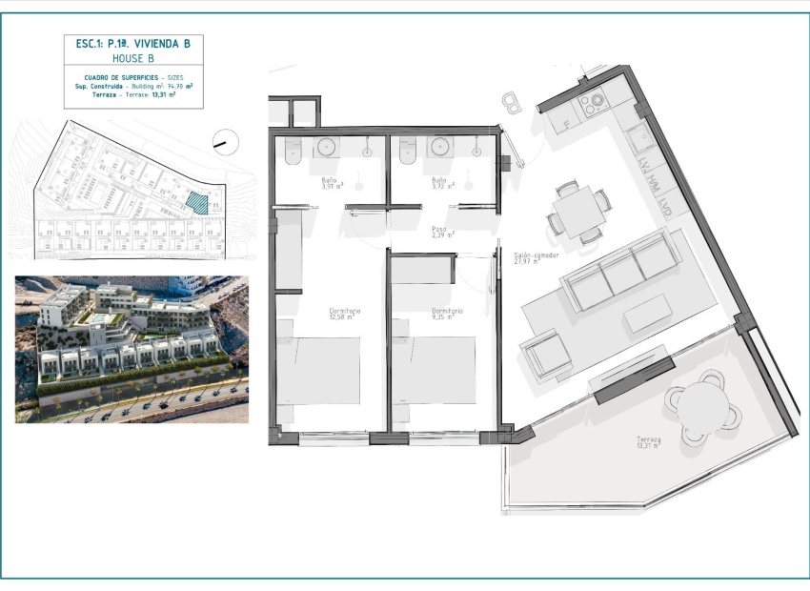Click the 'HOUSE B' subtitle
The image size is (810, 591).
pyautogui.click(x=132, y=58)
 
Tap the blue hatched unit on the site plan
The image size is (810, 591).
pyautogui.click(x=197, y=202)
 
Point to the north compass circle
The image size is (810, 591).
pyautogui.click(x=227, y=140)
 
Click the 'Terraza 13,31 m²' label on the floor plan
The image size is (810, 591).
pyautogui.click(x=649, y=442)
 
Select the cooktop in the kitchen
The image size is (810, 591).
pyautogui.click(x=589, y=103)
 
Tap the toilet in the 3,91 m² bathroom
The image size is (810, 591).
pyautogui.click(x=293, y=149)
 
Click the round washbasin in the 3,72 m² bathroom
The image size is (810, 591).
pyautogui.click(x=440, y=146)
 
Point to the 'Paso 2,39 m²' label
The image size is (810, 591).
pyautogui.click(x=439, y=231)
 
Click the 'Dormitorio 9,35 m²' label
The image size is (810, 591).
pyautogui.click(x=447, y=315)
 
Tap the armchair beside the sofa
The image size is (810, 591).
pyautogui.click(x=545, y=357)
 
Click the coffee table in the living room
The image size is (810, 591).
pyautogui.click(x=648, y=314)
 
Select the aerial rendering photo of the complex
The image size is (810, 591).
pyautogui.click(x=132, y=349)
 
